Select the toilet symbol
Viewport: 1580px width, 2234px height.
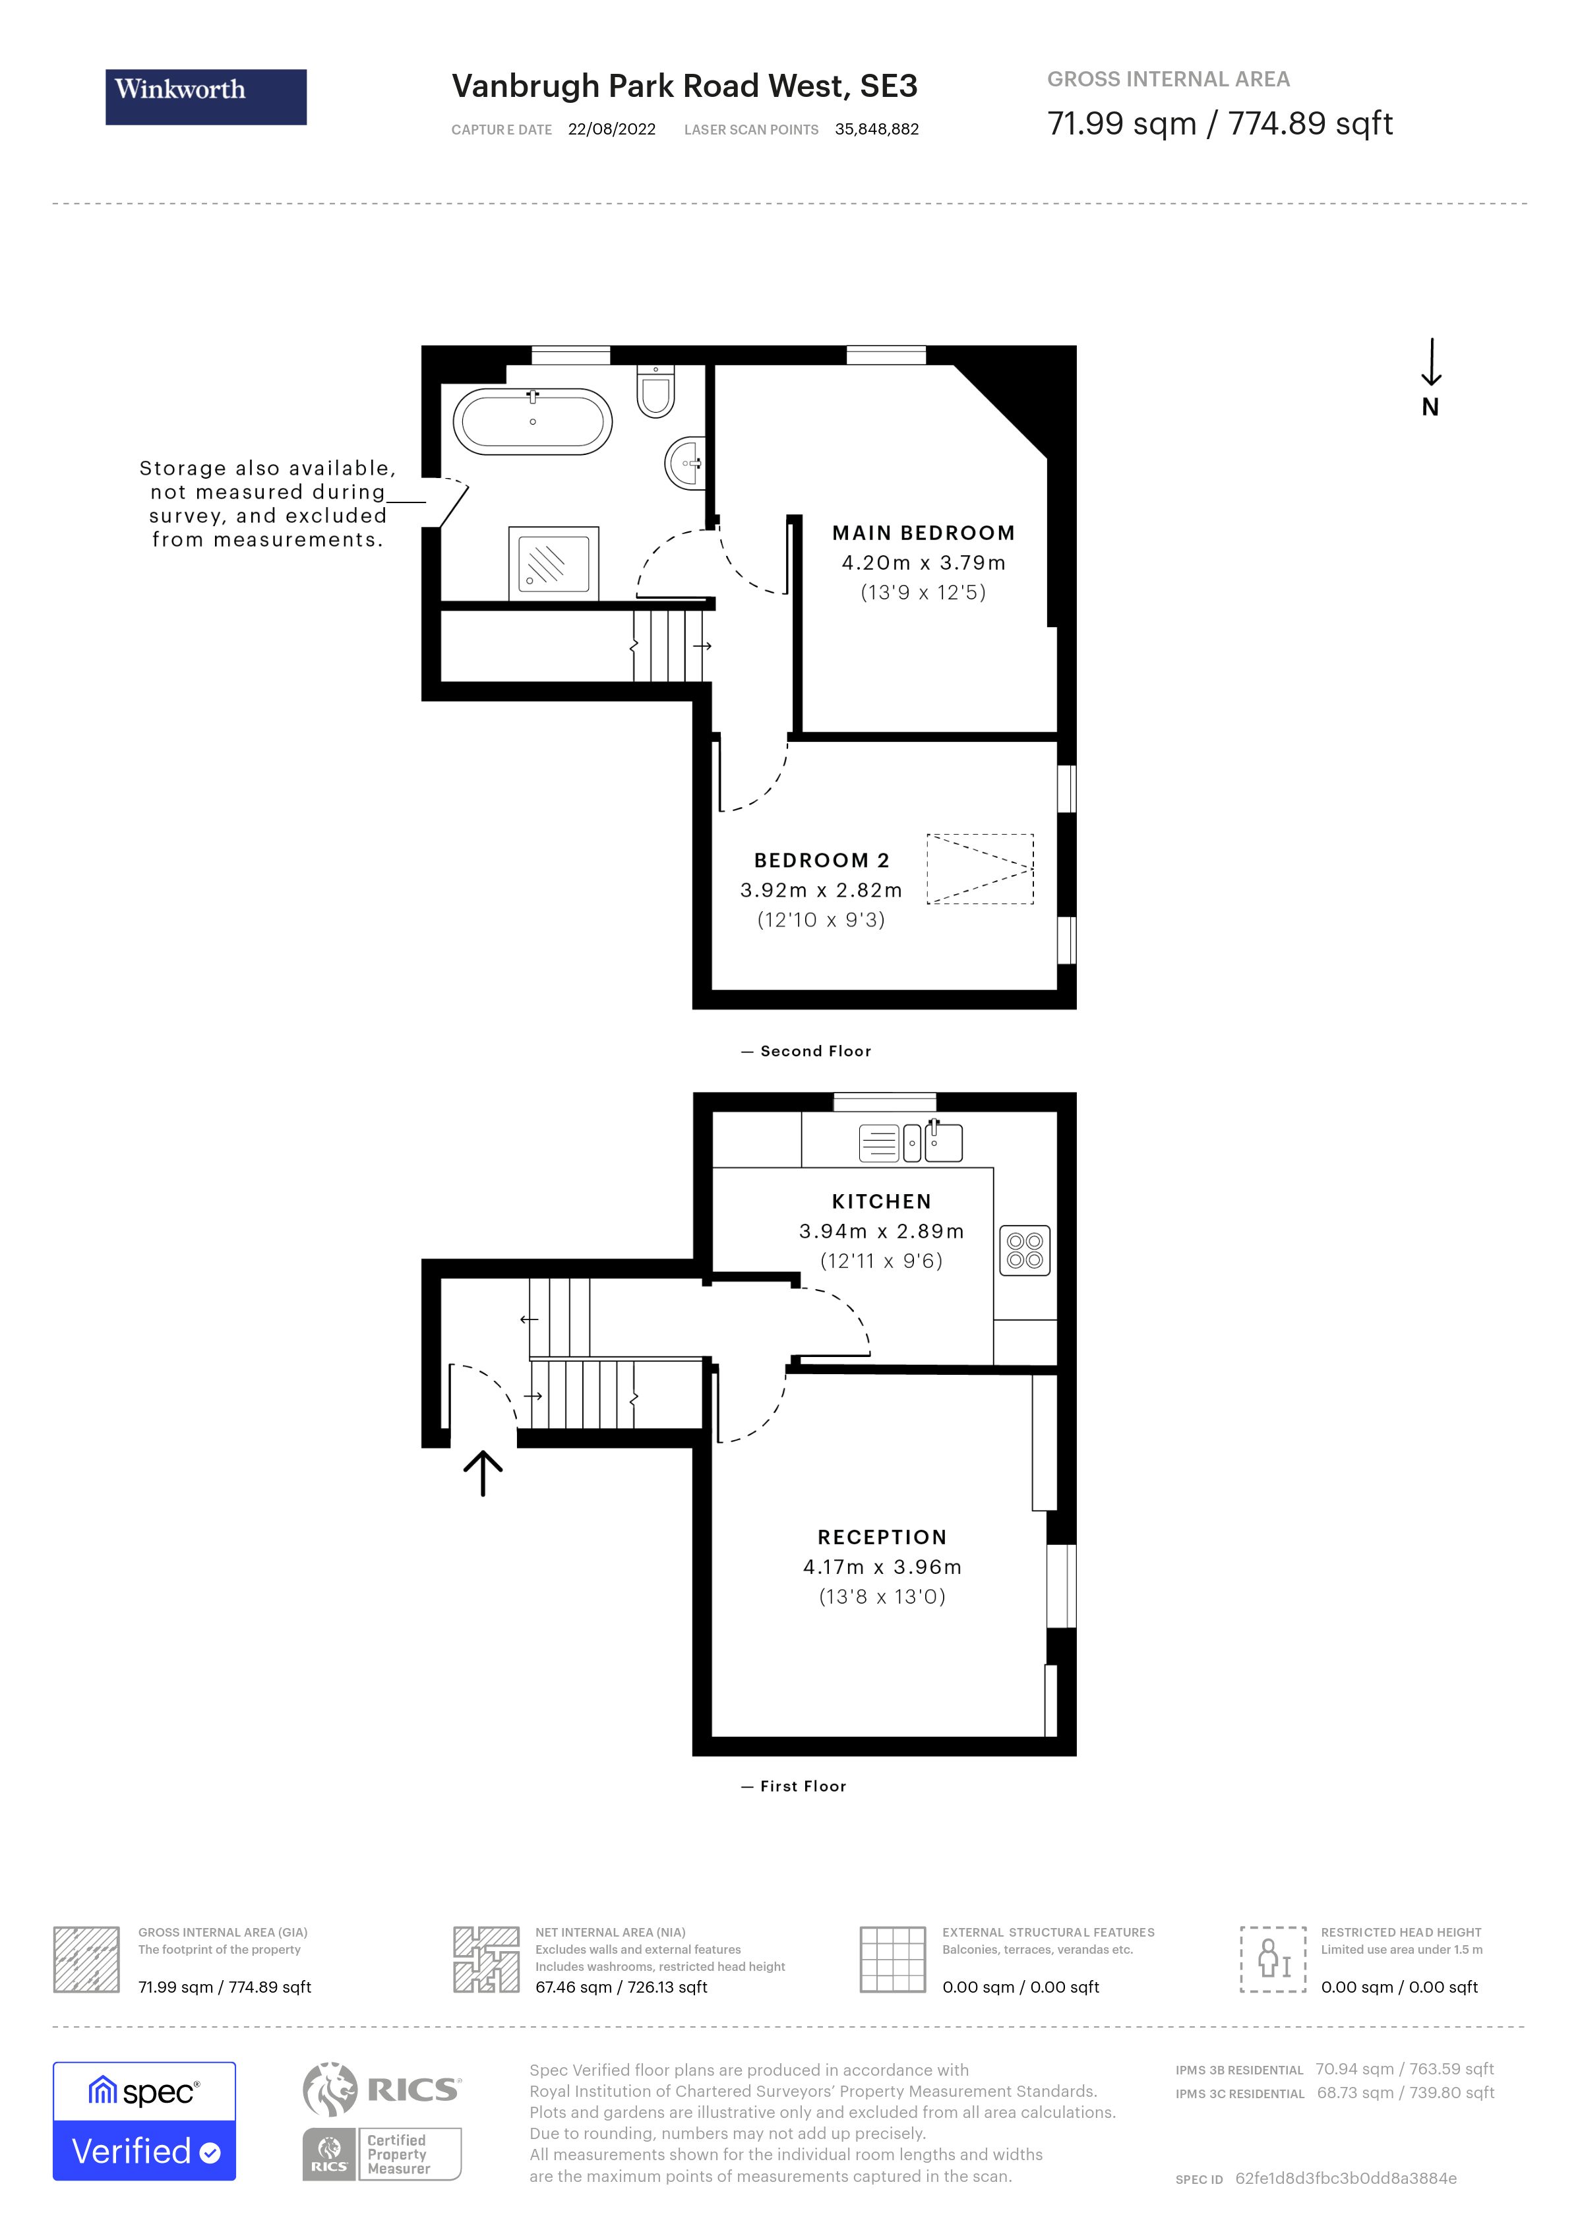pos(655,391)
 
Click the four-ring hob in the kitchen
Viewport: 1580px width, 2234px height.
pos(1025,1250)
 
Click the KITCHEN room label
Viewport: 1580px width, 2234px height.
pos(882,1201)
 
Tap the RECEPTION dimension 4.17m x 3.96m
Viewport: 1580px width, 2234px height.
pos(882,1567)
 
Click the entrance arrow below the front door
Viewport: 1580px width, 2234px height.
pos(483,1473)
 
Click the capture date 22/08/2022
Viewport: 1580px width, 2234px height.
pos(611,129)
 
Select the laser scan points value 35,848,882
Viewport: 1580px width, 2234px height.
pos(876,129)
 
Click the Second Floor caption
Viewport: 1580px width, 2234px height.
pos(814,1051)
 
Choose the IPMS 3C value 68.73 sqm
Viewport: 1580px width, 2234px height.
pos(1354,2093)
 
